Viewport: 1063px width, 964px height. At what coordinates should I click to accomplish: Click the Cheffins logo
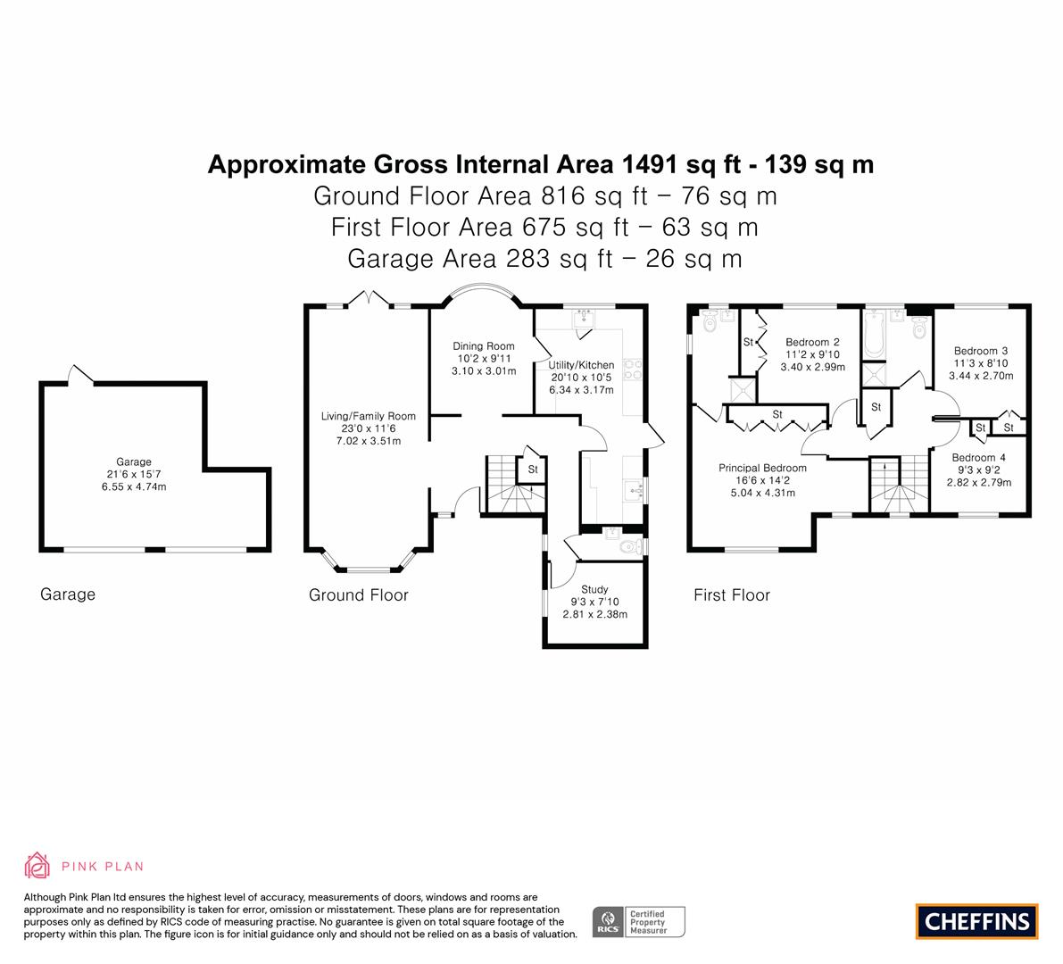(976, 921)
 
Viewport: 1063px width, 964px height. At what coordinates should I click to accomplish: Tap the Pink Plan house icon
(37, 865)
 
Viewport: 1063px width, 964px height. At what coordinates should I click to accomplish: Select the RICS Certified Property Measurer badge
(639, 922)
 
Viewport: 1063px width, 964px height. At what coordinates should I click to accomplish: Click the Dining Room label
(484, 345)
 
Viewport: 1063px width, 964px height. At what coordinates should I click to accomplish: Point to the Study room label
(594, 589)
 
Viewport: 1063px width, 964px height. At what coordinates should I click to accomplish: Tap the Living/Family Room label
(368, 416)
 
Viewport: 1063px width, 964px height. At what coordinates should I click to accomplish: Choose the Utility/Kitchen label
(581, 365)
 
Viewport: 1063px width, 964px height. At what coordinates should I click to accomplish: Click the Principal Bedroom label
(763, 468)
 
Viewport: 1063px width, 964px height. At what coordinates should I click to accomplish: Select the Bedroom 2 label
(812, 343)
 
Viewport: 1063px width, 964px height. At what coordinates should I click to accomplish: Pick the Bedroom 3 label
(980, 351)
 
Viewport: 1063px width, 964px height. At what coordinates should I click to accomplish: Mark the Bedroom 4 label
(978, 458)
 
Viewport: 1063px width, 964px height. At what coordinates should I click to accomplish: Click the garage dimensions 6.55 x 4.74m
(134, 486)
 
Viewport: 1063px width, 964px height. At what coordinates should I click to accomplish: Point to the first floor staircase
(900, 484)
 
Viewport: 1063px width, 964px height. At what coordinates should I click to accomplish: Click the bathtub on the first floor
(874, 334)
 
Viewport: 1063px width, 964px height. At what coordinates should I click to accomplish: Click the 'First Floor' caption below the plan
(732, 595)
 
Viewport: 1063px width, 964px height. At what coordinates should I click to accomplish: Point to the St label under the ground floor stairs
(533, 470)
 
